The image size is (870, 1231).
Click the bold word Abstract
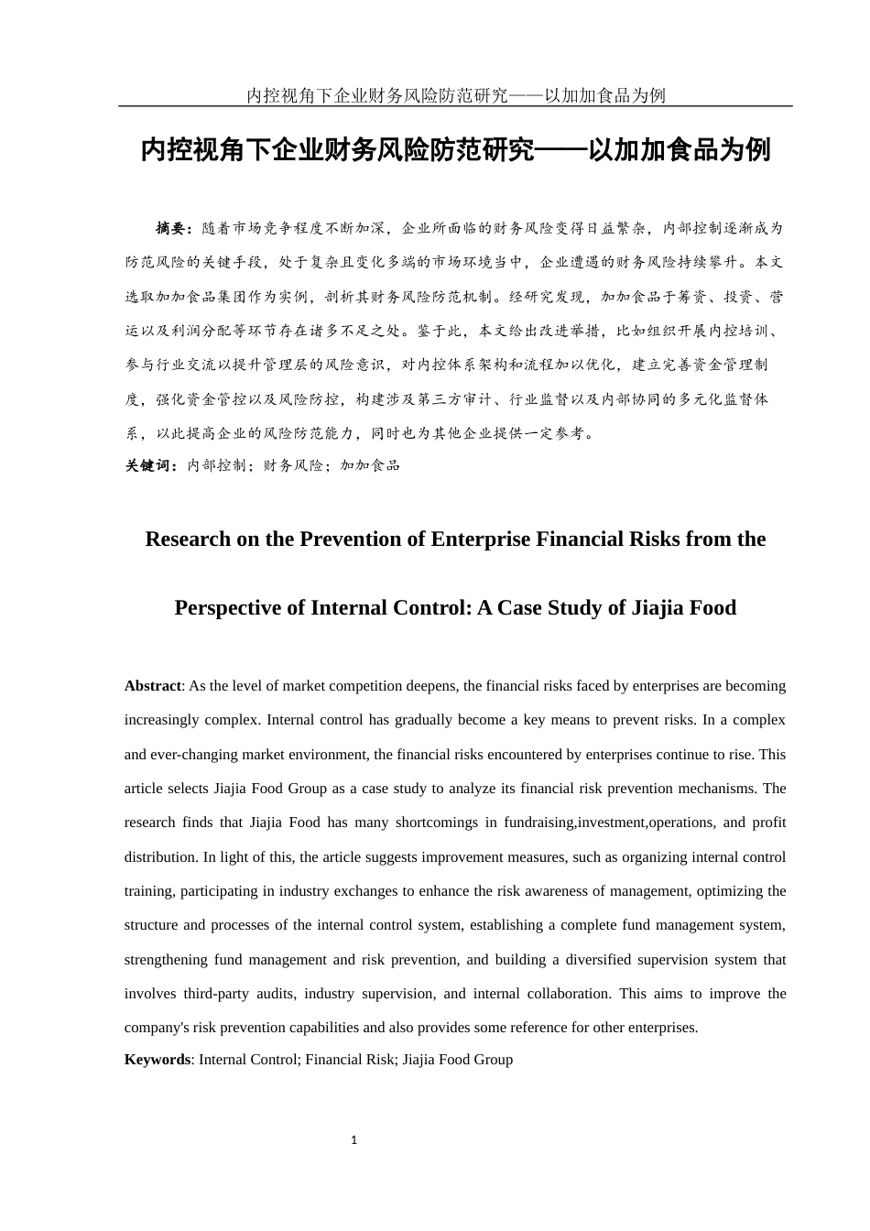click(x=153, y=686)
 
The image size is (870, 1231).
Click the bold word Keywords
click(x=157, y=1060)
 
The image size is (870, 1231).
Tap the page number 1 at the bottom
click(x=354, y=1140)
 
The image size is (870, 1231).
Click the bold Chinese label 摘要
click(x=172, y=228)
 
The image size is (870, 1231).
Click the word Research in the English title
click(x=188, y=539)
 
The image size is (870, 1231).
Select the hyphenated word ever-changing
click(x=197, y=755)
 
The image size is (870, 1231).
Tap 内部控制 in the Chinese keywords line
click(x=216, y=465)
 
